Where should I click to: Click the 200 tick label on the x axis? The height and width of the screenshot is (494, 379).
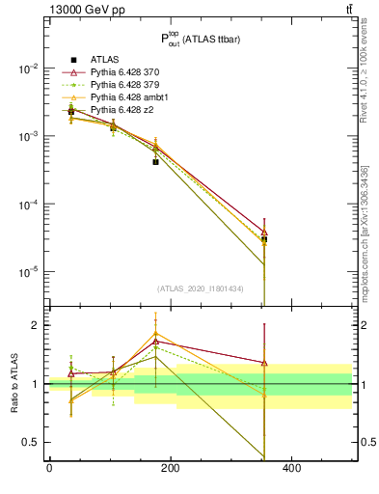tap(170, 470)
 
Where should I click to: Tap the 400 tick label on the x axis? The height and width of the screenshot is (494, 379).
tap(291, 470)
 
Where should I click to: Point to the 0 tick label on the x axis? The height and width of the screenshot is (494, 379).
tap(49, 470)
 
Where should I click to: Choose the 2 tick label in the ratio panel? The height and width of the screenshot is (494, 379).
tap(37, 325)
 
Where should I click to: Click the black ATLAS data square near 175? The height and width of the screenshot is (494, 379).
tap(155, 162)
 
